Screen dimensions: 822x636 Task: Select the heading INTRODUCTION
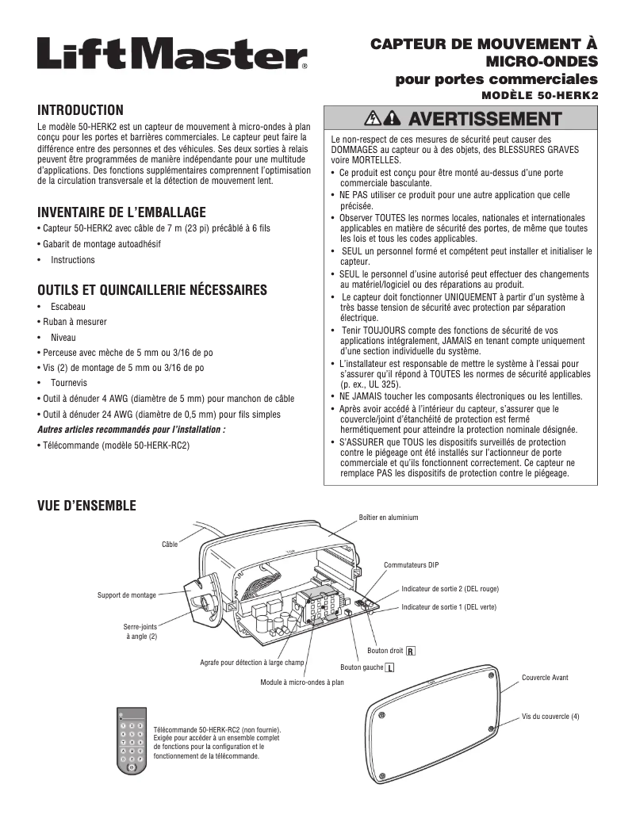81,110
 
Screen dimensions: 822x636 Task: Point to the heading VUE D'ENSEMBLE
87,505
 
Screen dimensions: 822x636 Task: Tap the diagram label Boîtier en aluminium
389,518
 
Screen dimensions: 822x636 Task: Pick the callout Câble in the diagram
170,545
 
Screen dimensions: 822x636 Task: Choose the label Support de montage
127,595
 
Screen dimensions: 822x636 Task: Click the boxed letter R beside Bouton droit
410,652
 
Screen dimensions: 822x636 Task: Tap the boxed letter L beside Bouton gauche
390,667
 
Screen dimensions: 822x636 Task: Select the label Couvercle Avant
545,678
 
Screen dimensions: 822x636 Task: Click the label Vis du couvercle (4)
551,717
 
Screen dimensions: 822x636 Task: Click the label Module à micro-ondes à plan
302,681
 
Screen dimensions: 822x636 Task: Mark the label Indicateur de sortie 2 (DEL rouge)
450,590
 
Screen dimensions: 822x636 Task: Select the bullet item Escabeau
68,306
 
